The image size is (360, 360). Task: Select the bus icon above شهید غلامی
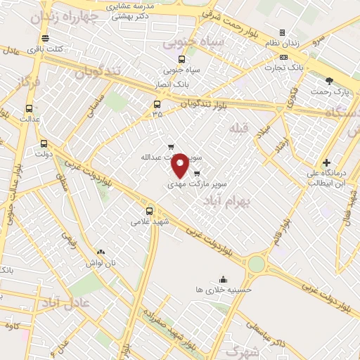point(149,210)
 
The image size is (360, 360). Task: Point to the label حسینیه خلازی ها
point(224,289)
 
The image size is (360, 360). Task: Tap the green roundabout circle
point(257,264)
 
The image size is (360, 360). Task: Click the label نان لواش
point(101,262)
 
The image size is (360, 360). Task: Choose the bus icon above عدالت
point(29,108)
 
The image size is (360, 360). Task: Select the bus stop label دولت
point(44,153)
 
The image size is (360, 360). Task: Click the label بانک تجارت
point(283,67)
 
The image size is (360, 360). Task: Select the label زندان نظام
point(283,44)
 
